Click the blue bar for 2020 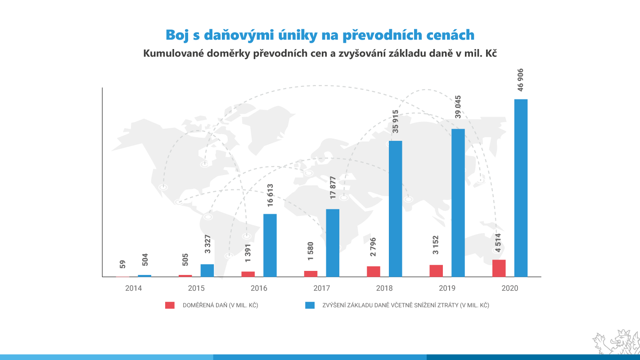[x=521, y=188]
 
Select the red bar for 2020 [x=499, y=268]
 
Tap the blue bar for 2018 [x=395, y=209]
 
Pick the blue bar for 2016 [x=270, y=245]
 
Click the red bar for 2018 [x=373, y=271]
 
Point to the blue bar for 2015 [x=207, y=270]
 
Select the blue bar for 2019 [x=458, y=202]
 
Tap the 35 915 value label [x=395, y=121]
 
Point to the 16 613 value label [x=270, y=195]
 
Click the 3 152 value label [x=436, y=245]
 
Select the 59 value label [x=122, y=264]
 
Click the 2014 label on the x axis [x=133, y=288]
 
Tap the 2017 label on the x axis [x=321, y=288]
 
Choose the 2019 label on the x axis [x=447, y=288]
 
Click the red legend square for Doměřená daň [x=170, y=305]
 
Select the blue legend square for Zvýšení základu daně [x=310, y=305]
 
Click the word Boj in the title [x=177, y=35]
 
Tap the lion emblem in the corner [x=617, y=343]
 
